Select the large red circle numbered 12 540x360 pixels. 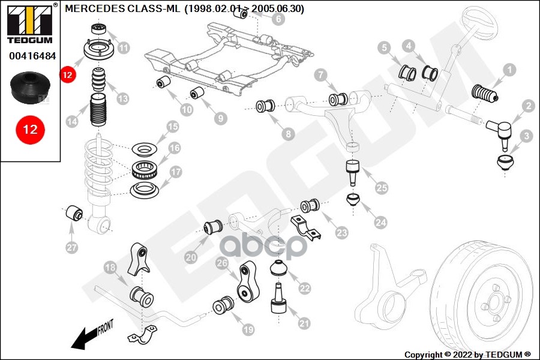tap(30, 129)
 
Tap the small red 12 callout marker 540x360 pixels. tap(67, 75)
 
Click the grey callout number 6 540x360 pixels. tap(278, 19)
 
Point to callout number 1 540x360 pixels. tap(509, 70)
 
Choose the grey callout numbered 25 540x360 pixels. tap(382, 188)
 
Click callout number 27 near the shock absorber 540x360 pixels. tap(71, 247)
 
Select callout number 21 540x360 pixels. tap(304, 323)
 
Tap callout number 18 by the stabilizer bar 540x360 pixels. tap(110, 268)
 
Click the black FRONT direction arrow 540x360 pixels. tap(84, 338)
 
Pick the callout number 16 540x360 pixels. tap(175, 148)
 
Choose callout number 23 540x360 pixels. tap(341, 232)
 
